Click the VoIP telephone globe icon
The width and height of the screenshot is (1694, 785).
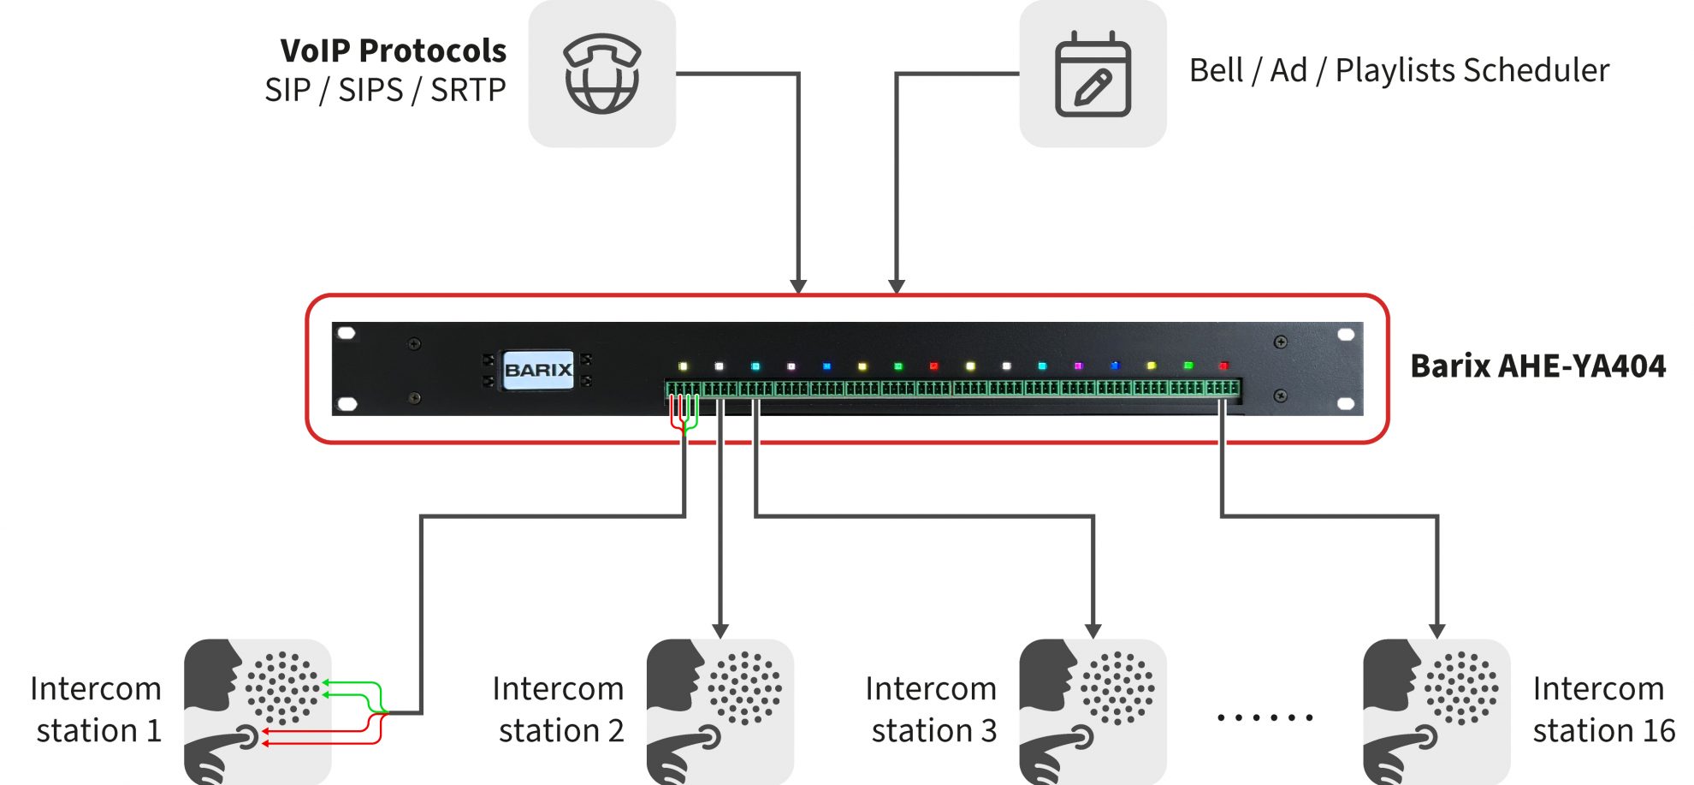pos(601,74)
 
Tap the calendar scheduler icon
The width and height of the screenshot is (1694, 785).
pos(1093,74)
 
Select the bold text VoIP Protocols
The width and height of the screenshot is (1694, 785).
pos(393,51)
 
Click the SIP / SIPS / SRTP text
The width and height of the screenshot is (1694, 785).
pos(385,90)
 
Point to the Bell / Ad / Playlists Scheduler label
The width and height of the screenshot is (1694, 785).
pos(1399,70)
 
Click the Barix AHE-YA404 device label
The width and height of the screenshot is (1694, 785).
pos(1537,366)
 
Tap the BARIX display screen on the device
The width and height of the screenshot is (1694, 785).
pos(537,370)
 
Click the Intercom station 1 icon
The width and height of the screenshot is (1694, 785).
pos(258,711)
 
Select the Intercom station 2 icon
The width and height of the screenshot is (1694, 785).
pos(720,711)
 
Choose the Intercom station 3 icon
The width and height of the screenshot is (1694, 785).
pos(1093,711)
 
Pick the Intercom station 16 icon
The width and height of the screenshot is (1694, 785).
pos(1436,711)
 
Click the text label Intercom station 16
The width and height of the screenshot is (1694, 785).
pos(1602,710)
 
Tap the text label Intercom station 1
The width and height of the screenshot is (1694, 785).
pos(97,710)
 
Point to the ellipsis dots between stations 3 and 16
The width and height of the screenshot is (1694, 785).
pos(1265,717)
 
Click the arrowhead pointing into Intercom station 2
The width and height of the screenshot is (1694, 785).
pos(720,631)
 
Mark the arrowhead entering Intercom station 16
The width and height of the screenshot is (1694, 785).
pos(1437,631)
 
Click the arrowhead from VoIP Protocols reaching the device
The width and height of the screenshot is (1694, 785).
pos(798,286)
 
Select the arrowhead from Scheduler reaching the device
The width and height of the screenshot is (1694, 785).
pos(897,286)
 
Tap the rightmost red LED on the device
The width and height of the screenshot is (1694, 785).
pos(1223,366)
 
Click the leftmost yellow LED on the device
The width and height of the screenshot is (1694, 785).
pos(683,366)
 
